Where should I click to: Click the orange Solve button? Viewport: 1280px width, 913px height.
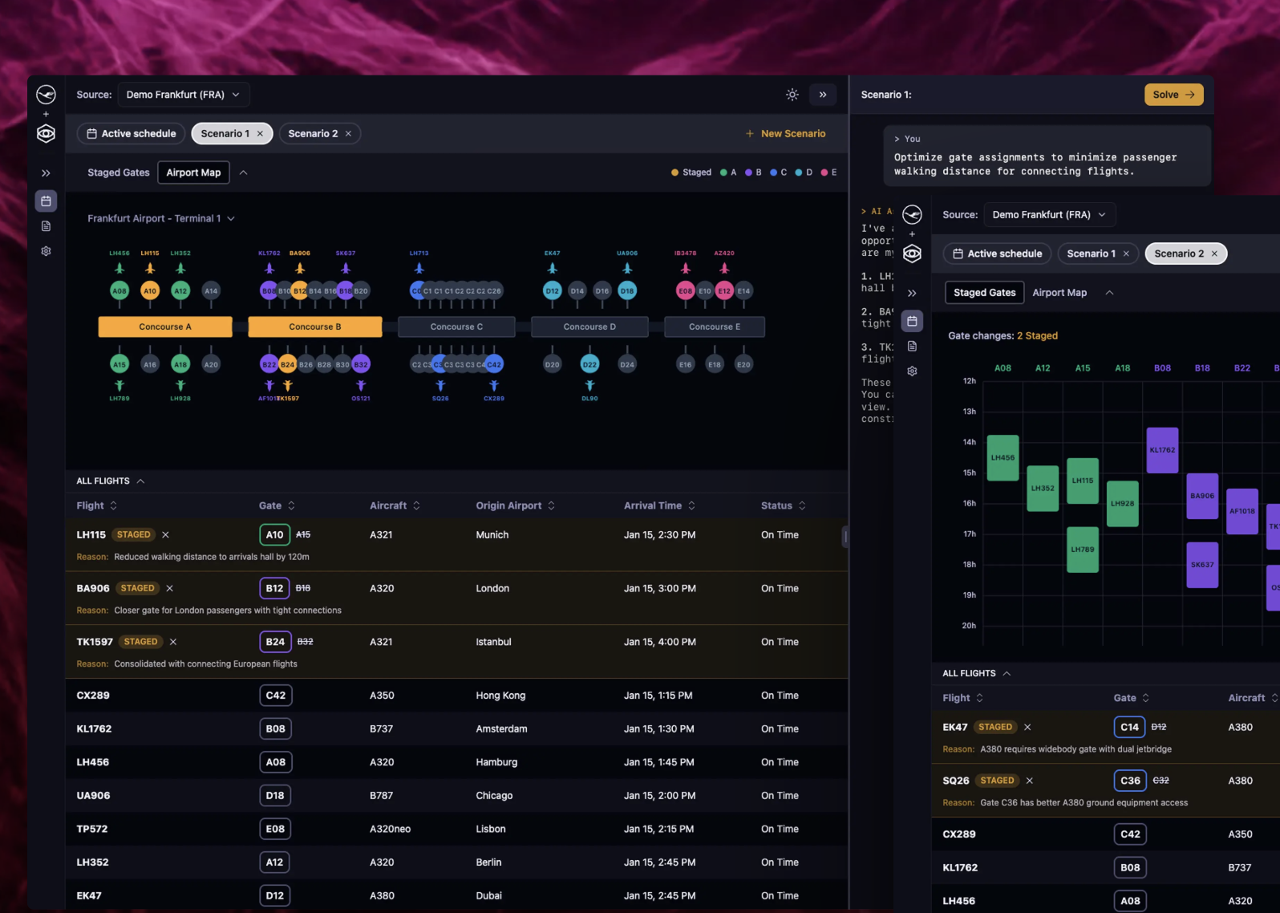point(1173,95)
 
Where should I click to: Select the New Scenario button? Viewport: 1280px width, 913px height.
point(785,133)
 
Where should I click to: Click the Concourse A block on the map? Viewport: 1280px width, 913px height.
point(165,327)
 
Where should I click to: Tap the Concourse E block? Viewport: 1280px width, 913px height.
point(714,327)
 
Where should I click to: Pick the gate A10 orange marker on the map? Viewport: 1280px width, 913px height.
point(150,290)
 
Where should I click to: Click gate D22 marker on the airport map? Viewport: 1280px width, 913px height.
point(589,364)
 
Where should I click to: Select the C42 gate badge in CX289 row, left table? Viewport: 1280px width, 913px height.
point(275,696)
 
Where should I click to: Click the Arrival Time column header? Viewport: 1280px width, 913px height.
point(653,505)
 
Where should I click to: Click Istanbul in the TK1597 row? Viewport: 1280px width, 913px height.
point(493,642)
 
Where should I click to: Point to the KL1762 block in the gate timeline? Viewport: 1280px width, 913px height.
point(1162,450)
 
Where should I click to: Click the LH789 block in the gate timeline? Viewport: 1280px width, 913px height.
point(1082,550)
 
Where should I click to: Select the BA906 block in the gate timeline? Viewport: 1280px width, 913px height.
point(1201,496)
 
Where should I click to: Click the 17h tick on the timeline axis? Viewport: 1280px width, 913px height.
point(969,534)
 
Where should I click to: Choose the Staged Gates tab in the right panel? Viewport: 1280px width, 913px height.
point(984,293)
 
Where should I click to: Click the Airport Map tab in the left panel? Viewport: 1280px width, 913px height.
point(193,172)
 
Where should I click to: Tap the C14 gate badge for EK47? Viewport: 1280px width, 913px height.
point(1129,727)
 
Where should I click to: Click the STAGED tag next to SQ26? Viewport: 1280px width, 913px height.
point(997,781)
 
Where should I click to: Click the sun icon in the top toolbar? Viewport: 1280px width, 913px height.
point(792,95)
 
